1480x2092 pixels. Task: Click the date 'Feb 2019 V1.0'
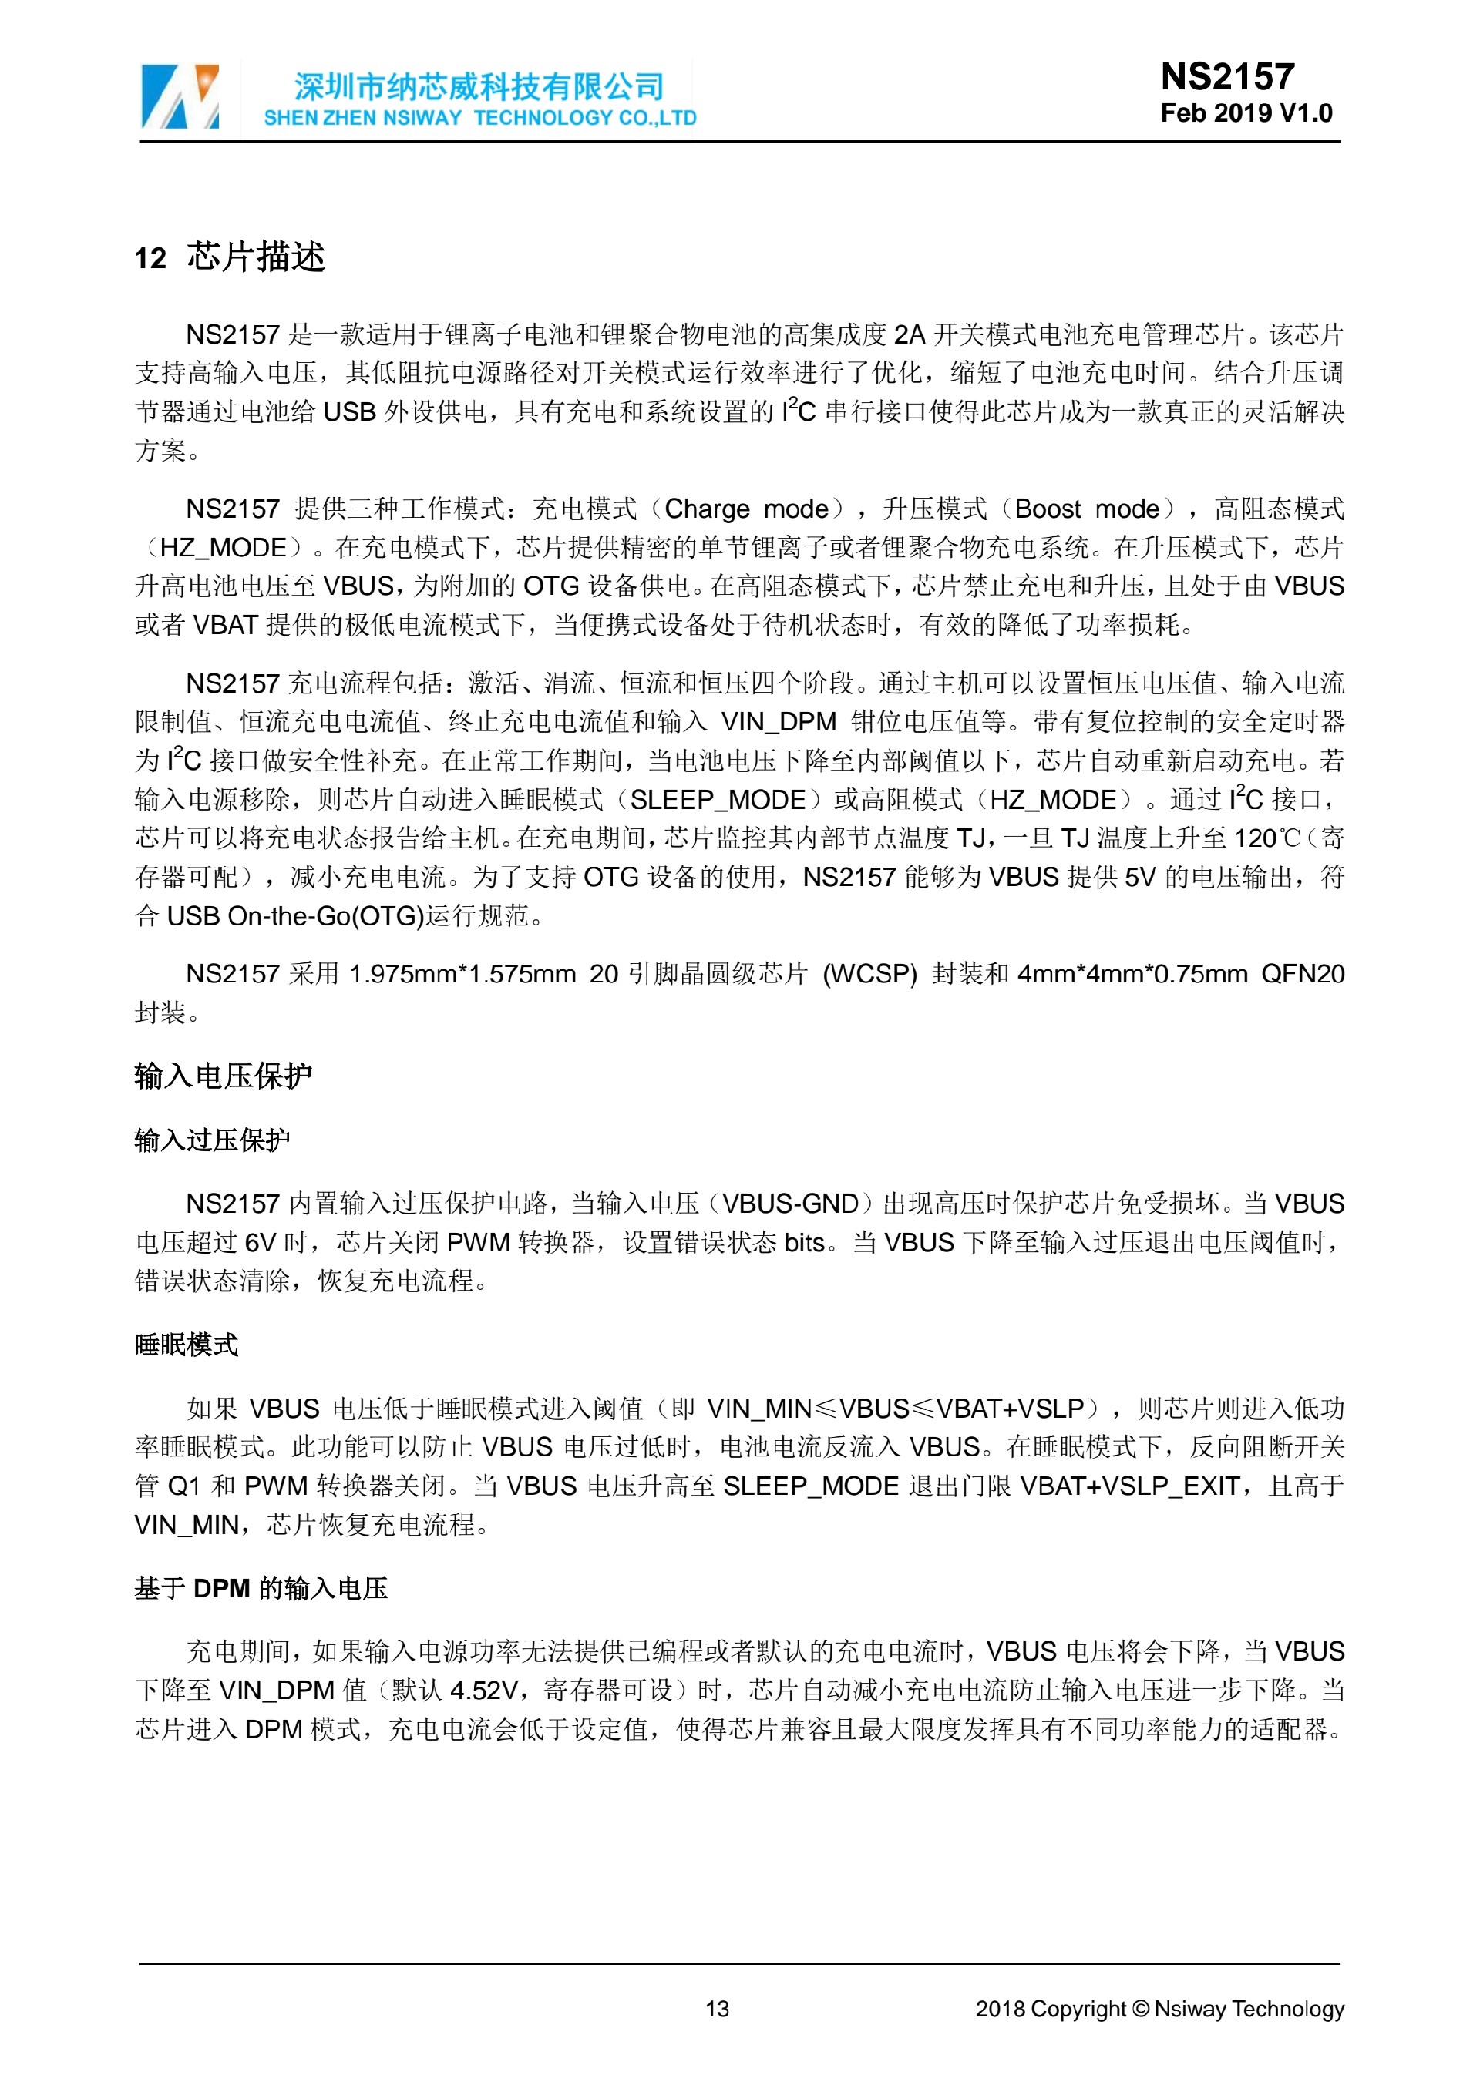[1246, 113]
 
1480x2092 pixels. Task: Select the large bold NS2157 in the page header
[1226, 76]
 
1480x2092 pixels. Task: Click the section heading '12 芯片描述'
[230, 258]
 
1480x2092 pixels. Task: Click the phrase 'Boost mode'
[1086, 509]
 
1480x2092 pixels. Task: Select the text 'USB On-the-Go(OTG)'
[295, 915]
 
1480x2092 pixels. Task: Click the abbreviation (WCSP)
[869, 973]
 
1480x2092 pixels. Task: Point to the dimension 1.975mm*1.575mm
[463, 973]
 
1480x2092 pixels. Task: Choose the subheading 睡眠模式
[186, 1344]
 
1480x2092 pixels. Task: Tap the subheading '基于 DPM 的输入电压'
[261, 1587]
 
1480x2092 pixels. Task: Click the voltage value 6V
[261, 1242]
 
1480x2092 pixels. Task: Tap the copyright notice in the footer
[1159, 2009]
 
